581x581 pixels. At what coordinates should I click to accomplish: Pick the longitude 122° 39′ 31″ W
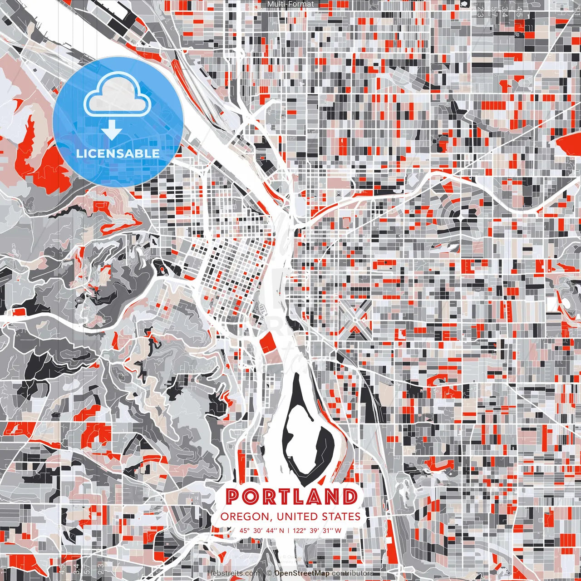[x=319, y=530]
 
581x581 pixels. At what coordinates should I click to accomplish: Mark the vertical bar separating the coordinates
[x=289, y=530]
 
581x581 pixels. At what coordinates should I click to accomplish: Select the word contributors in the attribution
[x=353, y=573]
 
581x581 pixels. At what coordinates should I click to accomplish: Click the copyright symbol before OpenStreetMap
[x=269, y=573]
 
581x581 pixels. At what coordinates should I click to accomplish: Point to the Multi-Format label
[x=290, y=4]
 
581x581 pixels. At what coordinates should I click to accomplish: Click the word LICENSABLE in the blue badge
[x=118, y=153]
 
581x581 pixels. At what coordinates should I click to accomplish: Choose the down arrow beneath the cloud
[x=112, y=132]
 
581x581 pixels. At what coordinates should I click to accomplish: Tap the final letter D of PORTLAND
[x=349, y=497]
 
